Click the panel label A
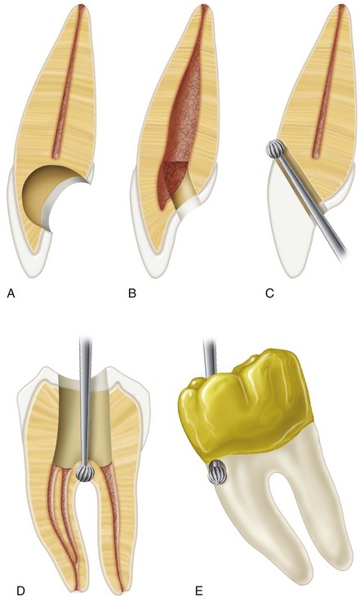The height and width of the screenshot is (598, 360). (11, 293)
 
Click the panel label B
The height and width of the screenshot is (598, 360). (132, 293)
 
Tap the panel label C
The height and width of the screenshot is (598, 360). (269, 293)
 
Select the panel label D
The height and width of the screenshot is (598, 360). (21, 591)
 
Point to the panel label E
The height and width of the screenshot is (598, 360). (198, 591)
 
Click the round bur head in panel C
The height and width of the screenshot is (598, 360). (276, 149)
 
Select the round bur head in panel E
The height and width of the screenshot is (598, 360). (217, 472)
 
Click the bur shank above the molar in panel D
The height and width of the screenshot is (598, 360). (85, 399)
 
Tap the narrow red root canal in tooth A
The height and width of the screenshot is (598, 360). (69, 82)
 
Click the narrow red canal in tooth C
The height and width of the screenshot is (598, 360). (328, 82)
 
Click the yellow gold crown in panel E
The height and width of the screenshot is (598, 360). (247, 408)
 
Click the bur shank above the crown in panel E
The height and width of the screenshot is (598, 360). (210, 356)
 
